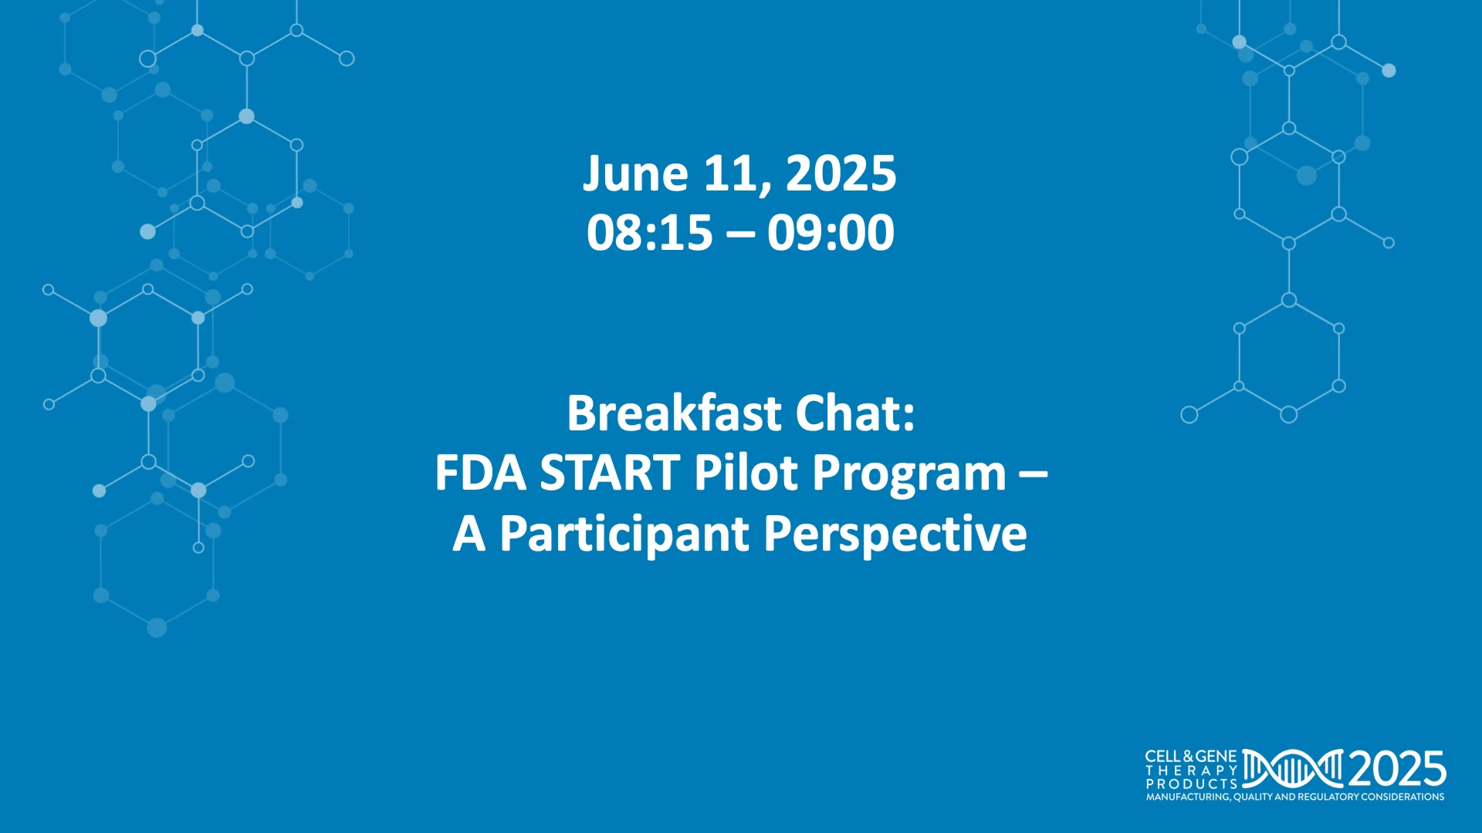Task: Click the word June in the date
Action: pos(634,174)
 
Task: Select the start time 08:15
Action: pos(649,232)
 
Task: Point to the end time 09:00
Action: pos(831,232)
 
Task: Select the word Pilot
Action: pos(746,473)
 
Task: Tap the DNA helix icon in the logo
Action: pos(1293,769)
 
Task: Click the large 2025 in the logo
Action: pos(1396,769)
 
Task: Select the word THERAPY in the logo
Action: pos(1192,771)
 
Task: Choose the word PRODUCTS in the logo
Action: pos(1192,784)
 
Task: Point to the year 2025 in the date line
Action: pos(841,174)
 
